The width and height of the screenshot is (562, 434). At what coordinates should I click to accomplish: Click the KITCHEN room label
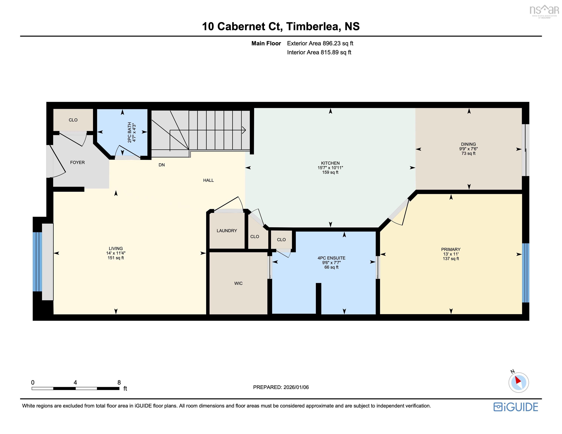pyautogui.click(x=330, y=163)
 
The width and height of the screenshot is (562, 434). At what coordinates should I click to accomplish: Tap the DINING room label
pyautogui.click(x=468, y=144)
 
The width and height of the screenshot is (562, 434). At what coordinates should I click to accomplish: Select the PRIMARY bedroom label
pyautogui.click(x=451, y=249)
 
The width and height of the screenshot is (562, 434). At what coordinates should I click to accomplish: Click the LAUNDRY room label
pyautogui.click(x=227, y=231)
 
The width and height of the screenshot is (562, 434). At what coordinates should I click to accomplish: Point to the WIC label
pyautogui.click(x=238, y=283)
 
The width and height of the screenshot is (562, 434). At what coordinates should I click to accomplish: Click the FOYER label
pyautogui.click(x=77, y=162)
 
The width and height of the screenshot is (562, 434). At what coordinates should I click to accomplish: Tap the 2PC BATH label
pyautogui.click(x=129, y=132)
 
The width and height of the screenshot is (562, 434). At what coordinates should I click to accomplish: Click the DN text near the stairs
pyautogui.click(x=162, y=165)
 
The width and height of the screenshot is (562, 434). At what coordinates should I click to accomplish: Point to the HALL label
pyautogui.click(x=208, y=180)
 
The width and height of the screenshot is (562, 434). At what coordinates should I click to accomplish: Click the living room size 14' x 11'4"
pyautogui.click(x=116, y=253)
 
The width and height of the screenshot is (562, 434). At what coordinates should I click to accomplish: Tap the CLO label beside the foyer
pyautogui.click(x=73, y=120)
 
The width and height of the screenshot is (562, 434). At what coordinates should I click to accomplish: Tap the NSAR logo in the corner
pyautogui.click(x=544, y=11)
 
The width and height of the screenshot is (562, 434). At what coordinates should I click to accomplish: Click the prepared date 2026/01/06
pyautogui.click(x=296, y=387)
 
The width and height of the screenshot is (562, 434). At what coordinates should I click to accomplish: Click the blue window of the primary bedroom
pyautogui.click(x=525, y=273)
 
